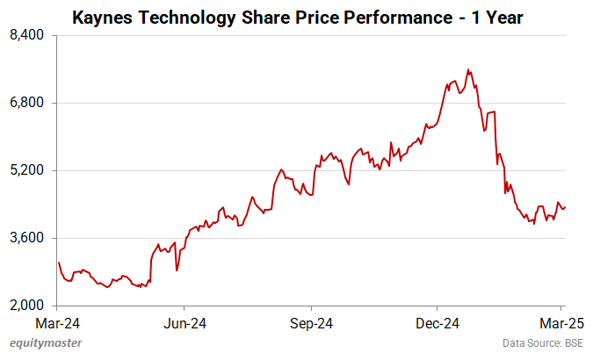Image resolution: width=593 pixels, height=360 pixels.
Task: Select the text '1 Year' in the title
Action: (x=497, y=17)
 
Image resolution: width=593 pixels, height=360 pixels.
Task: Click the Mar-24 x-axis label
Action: (x=58, y=321)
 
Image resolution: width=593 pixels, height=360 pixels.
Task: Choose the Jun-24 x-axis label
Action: (x=185, y=321)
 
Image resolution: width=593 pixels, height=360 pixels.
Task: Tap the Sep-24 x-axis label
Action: (x=313, y=321)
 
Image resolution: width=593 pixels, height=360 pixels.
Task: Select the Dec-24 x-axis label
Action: (x=438, y=321)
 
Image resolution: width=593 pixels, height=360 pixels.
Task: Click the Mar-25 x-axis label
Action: (x=557, y=321)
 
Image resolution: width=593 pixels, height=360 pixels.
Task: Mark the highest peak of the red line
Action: (x=469, y=69)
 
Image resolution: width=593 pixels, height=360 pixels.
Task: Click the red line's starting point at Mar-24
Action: (x=58, y=263)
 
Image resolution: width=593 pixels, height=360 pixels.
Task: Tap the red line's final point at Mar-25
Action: (x=565, y=207)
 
